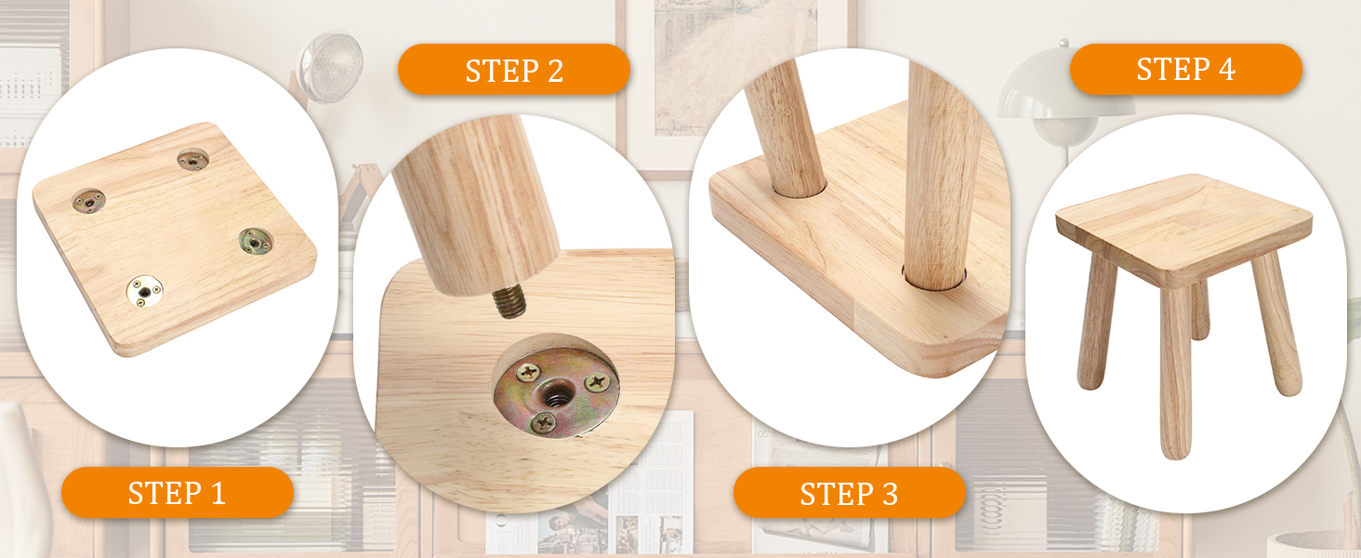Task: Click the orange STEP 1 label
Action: coord(178,492)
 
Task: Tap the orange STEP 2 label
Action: coord(514,70)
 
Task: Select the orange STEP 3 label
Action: coord(850,493)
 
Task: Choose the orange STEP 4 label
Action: coord(1186,69)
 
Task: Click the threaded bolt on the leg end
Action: coord(509,302)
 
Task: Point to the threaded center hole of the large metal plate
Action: coord(555,398)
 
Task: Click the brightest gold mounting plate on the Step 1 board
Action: coord(145,291)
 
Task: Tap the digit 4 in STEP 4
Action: coord(1226,69)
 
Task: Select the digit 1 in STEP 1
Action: coord(218,493)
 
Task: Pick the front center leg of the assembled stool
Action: coord(1176,371)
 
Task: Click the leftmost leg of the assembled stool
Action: coord(1097,322)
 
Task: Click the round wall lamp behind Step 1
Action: coord(330,66)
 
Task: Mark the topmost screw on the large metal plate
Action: coord(529,371)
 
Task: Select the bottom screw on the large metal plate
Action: coord(543,422)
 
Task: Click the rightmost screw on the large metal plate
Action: coord(598,381)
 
